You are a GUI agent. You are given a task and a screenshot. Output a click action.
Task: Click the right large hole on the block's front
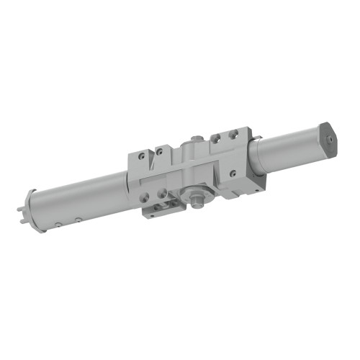coord(162,192)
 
